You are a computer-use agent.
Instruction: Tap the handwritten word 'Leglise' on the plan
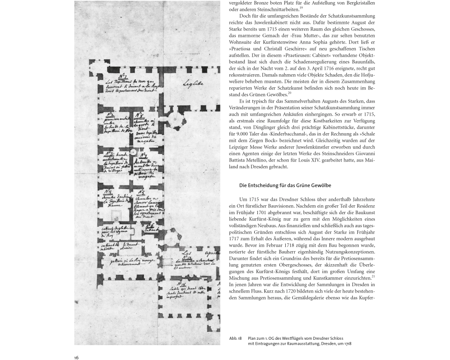click(x=192, y=83)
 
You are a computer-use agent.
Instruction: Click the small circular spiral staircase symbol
click(x=133, y=153)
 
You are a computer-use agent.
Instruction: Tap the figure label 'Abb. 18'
click(x=235, y=338)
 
